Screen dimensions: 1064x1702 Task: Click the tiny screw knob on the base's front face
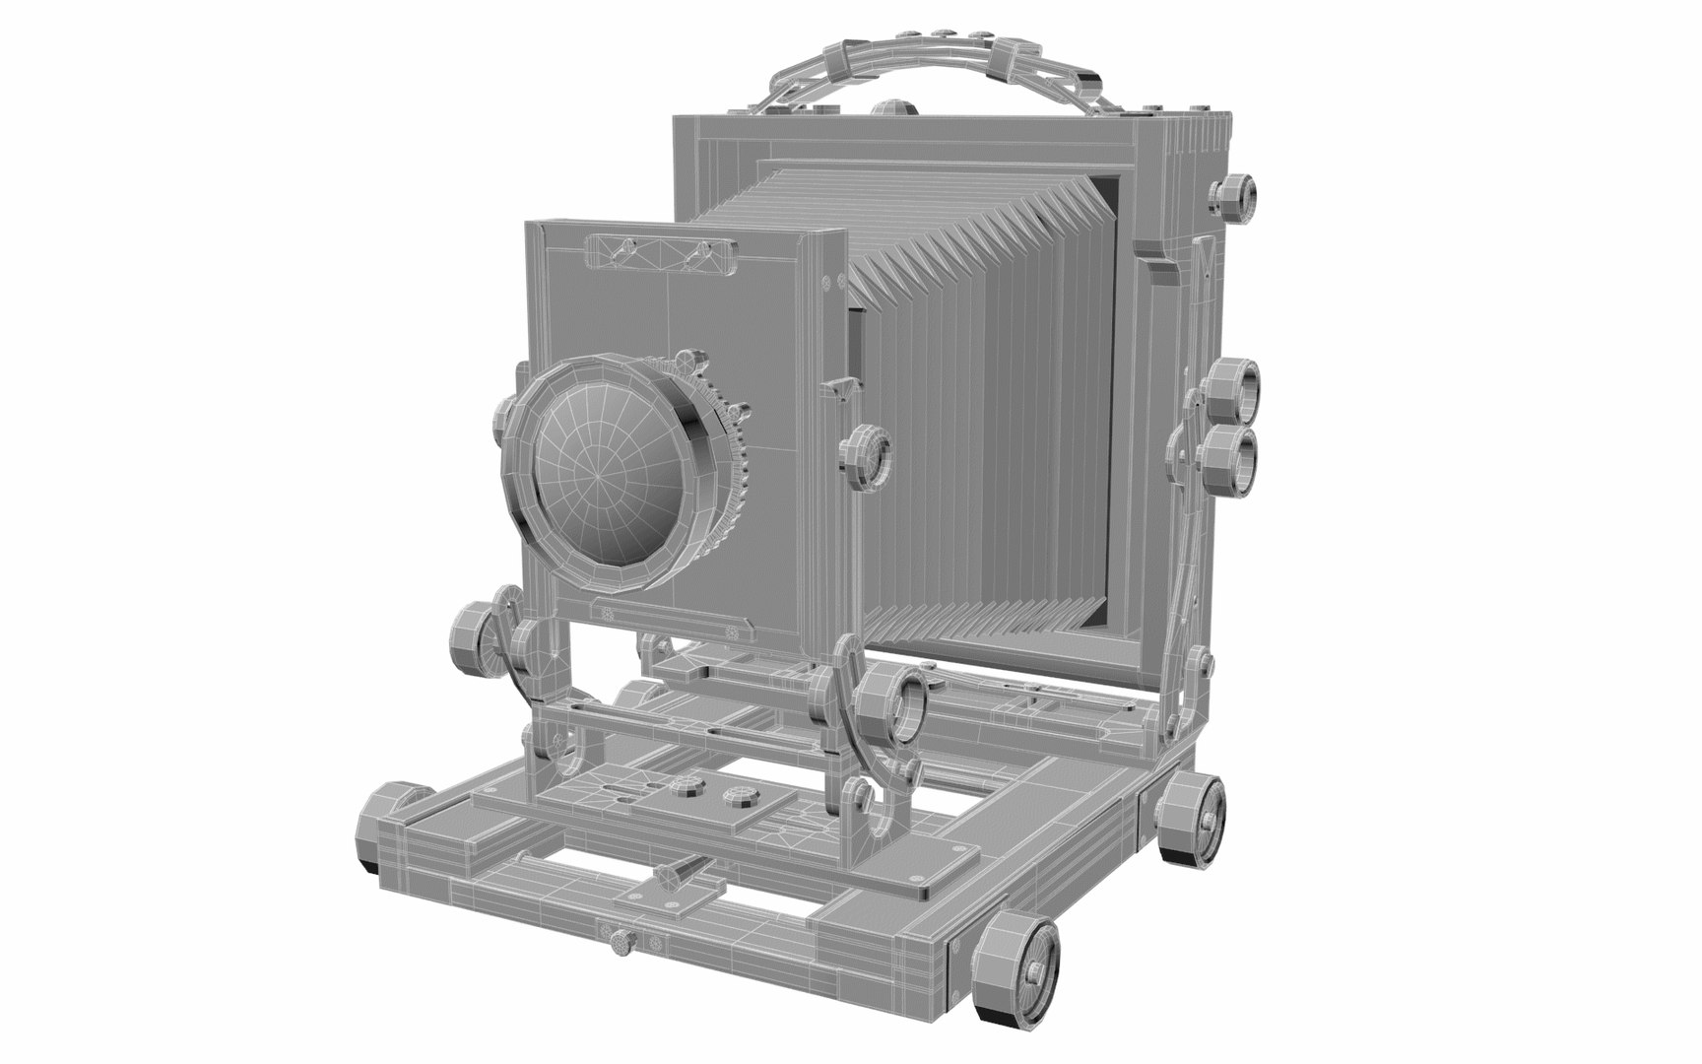coord(622,944)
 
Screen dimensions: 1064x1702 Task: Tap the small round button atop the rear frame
coord(891,106)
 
